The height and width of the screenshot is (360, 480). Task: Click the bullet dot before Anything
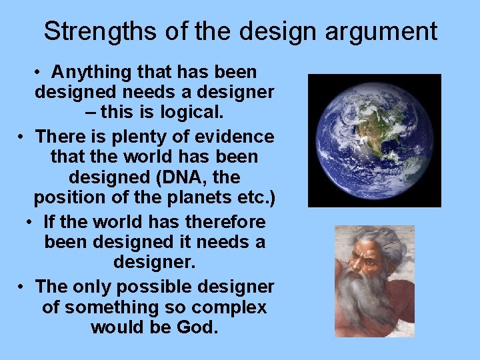(40, 72)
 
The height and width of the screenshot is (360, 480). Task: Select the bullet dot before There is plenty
(22, 137)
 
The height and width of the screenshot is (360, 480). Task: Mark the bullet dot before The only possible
(22, 287)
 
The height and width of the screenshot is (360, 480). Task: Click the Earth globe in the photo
(374, 140)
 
